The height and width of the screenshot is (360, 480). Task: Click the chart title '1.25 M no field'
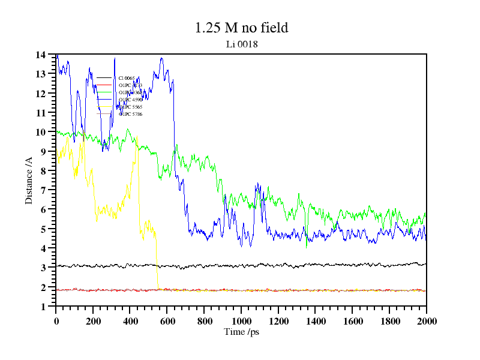[242, 28]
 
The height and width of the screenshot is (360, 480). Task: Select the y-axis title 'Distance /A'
[28, 181]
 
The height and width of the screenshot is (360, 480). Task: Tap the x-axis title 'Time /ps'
[241, 332]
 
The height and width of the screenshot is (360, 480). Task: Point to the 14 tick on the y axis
[40, 55]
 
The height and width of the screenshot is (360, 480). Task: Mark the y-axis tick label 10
[40, 132]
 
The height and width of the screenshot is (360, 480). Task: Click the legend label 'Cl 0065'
[127, 78]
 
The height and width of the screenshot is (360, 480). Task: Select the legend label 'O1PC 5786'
[130, 114]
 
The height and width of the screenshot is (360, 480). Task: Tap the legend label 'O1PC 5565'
[130, 107]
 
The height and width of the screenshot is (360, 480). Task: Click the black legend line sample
[104, 78]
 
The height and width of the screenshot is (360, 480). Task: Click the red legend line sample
[104, 85]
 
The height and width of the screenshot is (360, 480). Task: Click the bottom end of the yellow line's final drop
[158, 286]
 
